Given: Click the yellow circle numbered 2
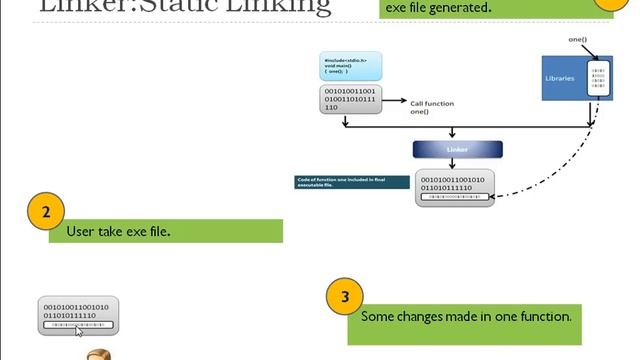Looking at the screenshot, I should pyautogui.click(x=47, y=213).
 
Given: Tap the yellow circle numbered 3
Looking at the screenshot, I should pyautogui.click(x=345, y=297).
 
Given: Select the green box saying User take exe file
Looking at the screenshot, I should pyautogui.click(x=165, y=231).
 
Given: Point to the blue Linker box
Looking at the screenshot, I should pyautogui.click(x=456, y=149).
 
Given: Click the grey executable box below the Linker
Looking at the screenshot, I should pyautogui.click(x=456, y=187).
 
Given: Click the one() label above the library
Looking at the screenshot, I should pyautogui.click(x=577, y=39).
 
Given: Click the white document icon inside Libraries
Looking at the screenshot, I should pyautogui.click(x=599, y=79).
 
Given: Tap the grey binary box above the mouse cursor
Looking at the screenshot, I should pyautogui.click(x=79, y=314).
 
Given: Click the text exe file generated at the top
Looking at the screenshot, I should pyautogui.click(x=439, y=8).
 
